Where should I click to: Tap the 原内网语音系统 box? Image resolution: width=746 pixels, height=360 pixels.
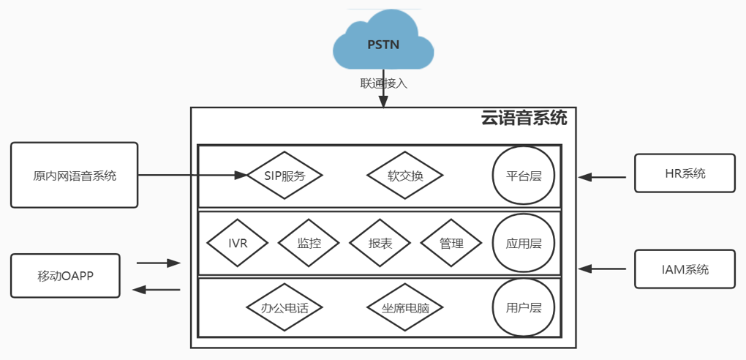(x=75, y=176)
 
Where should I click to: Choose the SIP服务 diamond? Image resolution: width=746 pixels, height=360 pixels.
(x=285, y=176)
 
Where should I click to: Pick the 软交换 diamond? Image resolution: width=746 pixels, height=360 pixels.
(x=405, y=176)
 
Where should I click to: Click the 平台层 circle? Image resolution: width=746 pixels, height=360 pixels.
(x=524, y=176)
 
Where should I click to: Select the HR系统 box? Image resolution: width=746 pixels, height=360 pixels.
(x=685, y=173)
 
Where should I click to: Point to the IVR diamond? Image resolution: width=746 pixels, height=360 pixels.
(x=238, y=243)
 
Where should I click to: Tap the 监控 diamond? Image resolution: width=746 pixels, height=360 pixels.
(x=309, y=243)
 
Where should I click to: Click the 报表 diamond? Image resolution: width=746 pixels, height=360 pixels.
(x=380, y=243)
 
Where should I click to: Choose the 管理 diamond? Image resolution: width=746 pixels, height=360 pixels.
(x=451, y=243)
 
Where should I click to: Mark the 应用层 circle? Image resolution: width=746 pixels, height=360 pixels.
(x=524, y=243)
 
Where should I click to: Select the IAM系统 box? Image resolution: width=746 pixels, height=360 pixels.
(x=685, y=269)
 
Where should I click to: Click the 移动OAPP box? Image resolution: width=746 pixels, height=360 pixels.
(x=66, y=276)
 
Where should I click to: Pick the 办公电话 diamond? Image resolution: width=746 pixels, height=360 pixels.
(x=285, y=308)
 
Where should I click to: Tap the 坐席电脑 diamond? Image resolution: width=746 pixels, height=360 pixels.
(x=405, y=308)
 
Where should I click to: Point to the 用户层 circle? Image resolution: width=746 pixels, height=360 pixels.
(x=524, y=308)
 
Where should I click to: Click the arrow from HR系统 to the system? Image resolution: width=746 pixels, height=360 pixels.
(x=602, y=176)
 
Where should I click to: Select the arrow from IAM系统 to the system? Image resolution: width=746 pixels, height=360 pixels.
(x=602, y=269)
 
